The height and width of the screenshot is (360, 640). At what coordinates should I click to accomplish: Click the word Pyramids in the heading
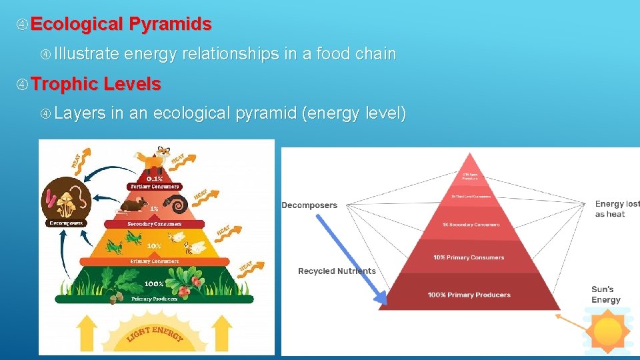[170, 25]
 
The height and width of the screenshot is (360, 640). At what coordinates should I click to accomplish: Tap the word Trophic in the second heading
[63, 84]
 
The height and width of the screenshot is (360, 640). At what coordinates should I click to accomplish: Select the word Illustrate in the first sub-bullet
[87, 53]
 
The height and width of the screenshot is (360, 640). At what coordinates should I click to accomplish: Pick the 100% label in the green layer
[155, 284]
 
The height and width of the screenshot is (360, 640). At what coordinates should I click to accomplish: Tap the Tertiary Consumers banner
[155, 187]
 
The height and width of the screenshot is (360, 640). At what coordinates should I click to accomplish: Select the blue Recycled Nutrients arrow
[353, 257]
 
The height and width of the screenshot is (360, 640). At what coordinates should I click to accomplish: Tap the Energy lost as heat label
[617, 209]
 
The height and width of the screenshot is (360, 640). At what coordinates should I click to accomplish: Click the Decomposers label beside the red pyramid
[309, 205]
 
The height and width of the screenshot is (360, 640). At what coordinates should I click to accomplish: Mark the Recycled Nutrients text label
[337, 271]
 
